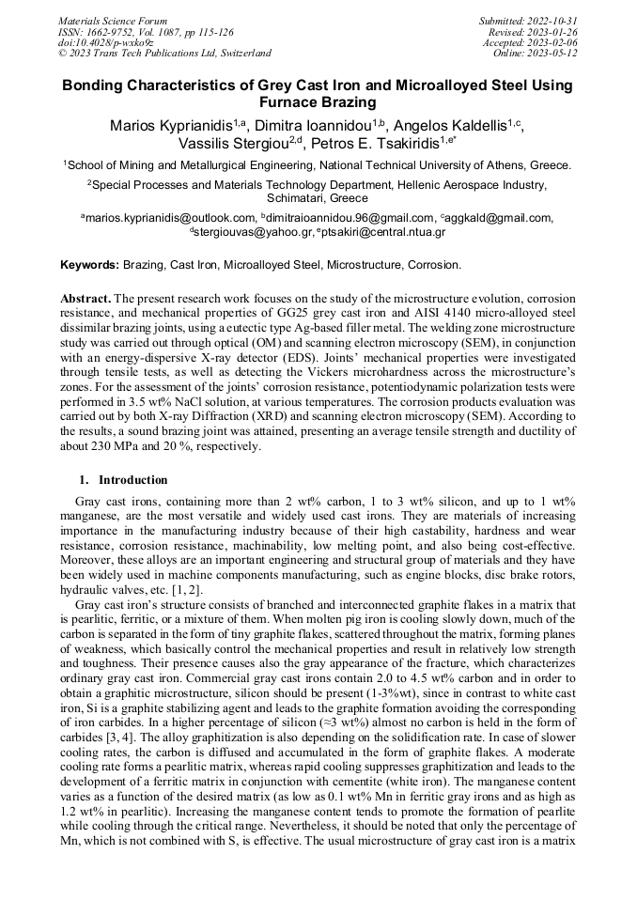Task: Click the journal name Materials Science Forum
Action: pyautogui.click(x=113, y=20)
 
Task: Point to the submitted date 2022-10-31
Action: pyautogui.click(x=552, y=20)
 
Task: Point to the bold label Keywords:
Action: pyautogui.click(x=90, y=266)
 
